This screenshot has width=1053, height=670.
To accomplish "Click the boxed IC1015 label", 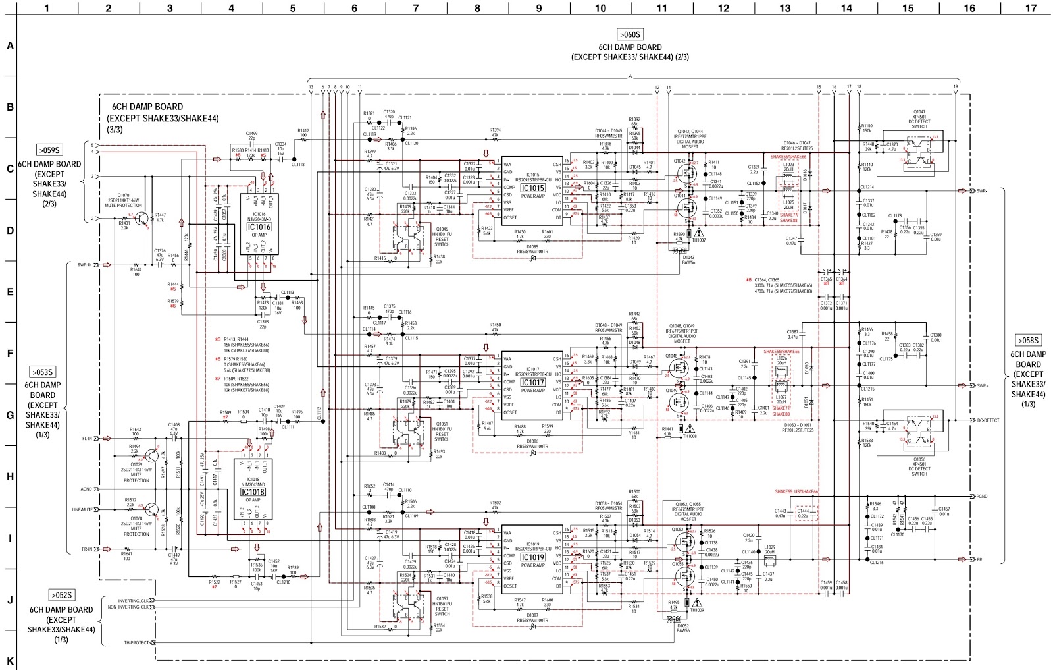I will click(x=532, y=188).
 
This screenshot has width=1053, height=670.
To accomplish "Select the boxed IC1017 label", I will click(x=532, y=382).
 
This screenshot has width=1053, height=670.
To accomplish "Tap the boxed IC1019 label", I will click(x=532, y=557).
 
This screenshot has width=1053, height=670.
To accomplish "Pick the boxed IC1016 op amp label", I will click(x=259, y=227).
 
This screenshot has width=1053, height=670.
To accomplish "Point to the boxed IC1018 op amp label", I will click(x=253, y=491).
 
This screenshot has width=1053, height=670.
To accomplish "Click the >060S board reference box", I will click(x=630, y=34).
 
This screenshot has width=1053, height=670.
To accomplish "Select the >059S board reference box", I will click(x=49, y=150).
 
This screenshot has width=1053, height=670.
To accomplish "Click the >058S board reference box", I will click(x=1027, y=341).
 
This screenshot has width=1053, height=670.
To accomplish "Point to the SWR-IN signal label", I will click(x=84, y=265).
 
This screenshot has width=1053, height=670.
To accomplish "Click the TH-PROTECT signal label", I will click(x=136, y=642).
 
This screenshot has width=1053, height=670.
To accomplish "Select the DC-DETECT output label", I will click(x=988, y=420).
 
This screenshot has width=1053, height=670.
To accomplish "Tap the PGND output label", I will click(x=982, y=496).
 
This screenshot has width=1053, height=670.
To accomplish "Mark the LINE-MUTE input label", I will click(x=83, y=509).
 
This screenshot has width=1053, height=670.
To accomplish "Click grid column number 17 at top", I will click(x=1031, y=8).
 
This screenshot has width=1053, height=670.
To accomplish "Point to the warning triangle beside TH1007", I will click(x=698, y=233).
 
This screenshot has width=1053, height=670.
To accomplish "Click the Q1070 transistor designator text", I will click(x=123, y=195).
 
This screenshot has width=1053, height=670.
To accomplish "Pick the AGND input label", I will click(x=86, y=489).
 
